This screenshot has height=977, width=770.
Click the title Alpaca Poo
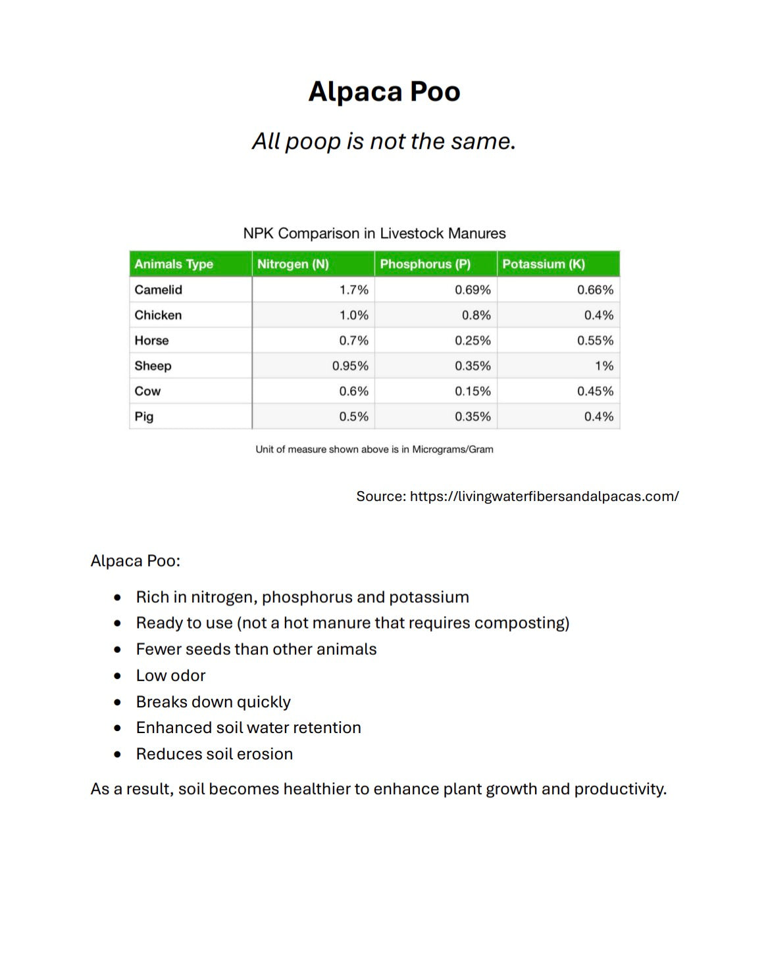384,91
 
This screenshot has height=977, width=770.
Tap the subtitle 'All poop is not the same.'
384,141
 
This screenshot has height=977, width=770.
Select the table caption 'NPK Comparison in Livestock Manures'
374,233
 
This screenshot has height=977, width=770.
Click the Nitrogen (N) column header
293,264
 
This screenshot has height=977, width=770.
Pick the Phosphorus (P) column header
425,264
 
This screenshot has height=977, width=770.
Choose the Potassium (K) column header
544,264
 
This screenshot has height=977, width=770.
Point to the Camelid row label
159,290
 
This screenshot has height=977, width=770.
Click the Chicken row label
158,315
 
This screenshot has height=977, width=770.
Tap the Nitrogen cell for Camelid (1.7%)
353,290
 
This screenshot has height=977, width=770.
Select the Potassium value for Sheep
603,366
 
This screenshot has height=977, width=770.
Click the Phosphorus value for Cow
473,391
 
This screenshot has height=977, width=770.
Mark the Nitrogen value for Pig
353,417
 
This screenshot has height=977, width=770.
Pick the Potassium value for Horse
595,341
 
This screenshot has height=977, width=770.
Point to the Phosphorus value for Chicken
476,315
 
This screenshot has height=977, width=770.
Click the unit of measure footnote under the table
374,450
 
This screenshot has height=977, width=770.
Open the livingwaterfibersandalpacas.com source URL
544,496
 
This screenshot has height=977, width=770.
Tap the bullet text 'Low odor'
171,676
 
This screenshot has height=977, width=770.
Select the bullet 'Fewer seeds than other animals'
256,650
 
